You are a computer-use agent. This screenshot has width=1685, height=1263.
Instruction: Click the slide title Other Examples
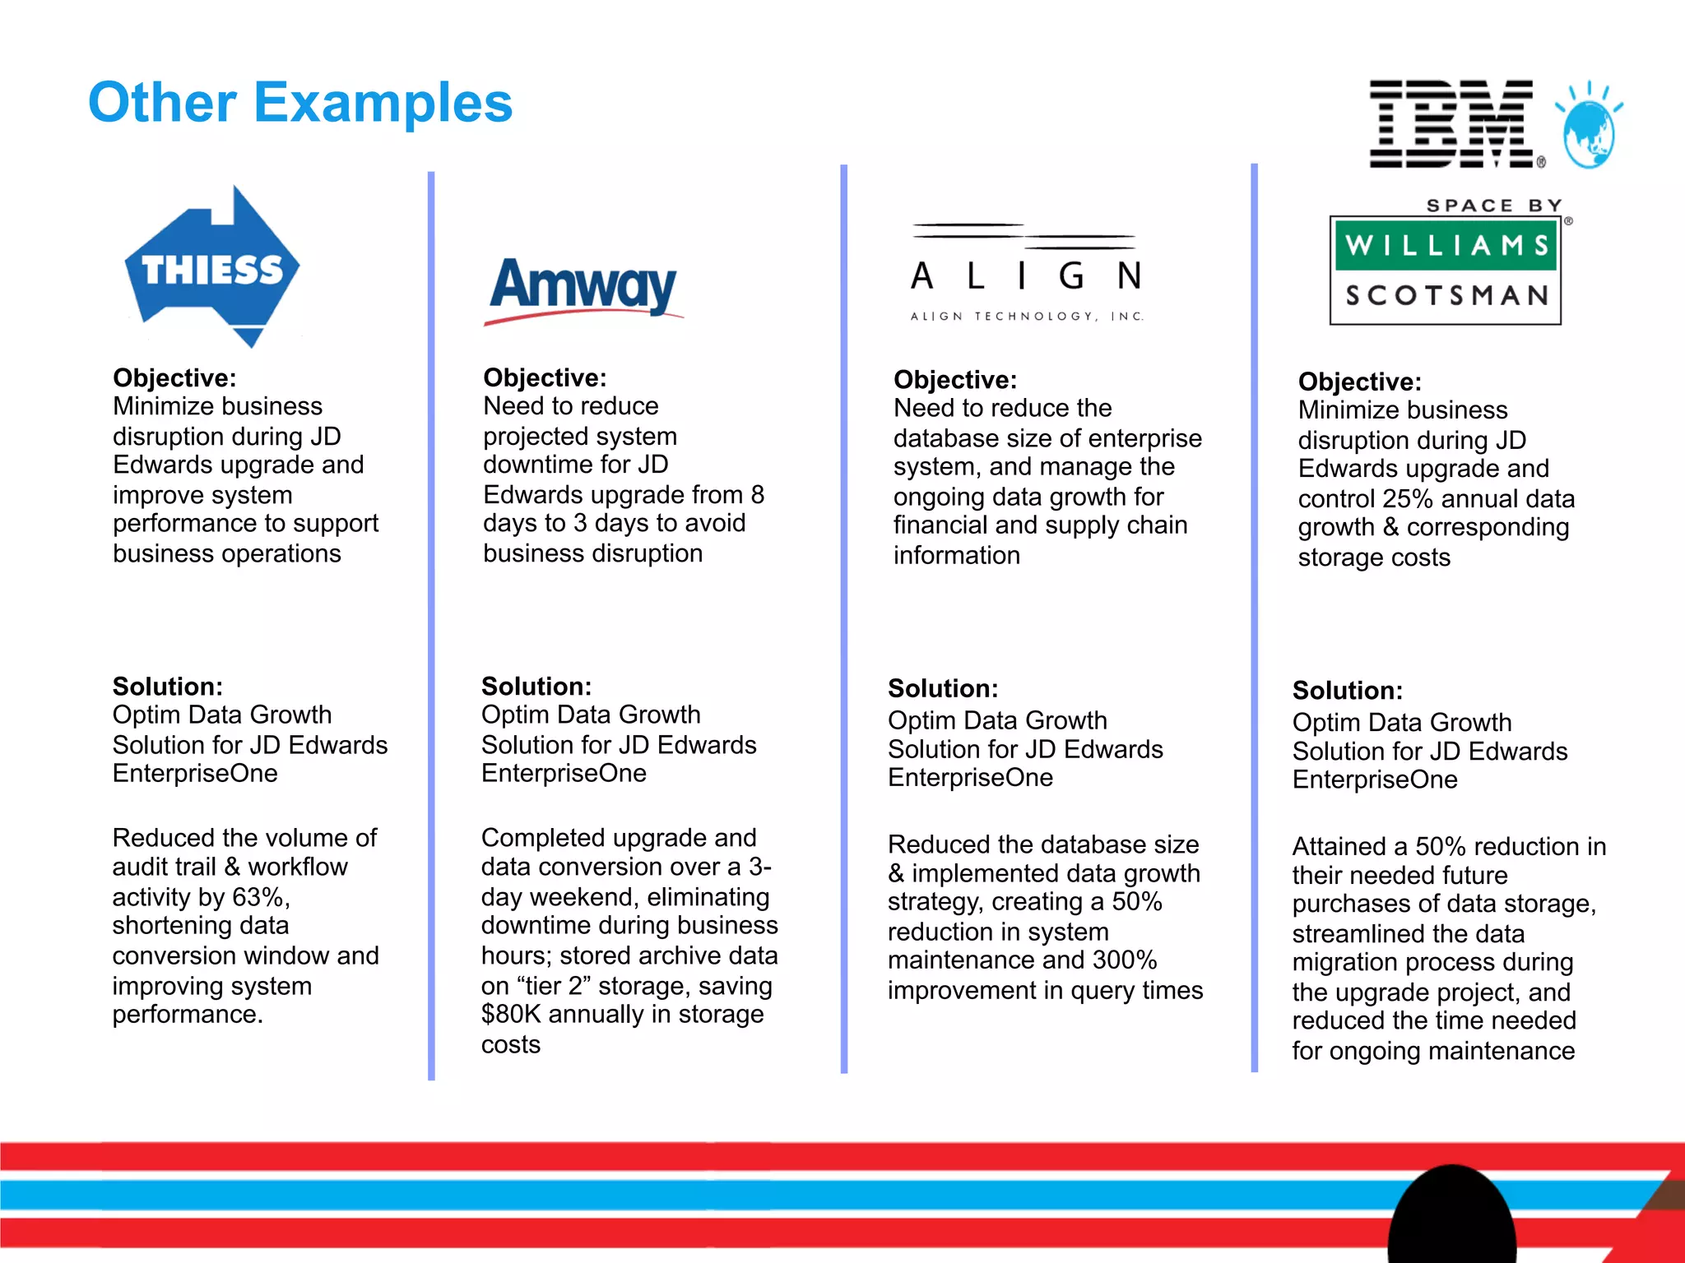click(x=300, y=103)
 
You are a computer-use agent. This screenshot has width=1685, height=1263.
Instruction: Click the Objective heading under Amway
click(x=545, y=377)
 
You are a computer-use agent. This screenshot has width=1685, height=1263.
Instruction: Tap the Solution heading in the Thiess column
click(x=168, y=687)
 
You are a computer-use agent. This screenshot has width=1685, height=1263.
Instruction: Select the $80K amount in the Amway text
click(x=511, y=1015)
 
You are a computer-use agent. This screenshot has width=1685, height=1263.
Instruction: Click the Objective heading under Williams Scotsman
click(x=1359, y=382)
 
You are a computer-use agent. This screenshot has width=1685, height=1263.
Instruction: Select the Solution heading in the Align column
click(x=943, y=688)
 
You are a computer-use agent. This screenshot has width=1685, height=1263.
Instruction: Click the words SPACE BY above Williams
click(x=1494, y=205)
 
